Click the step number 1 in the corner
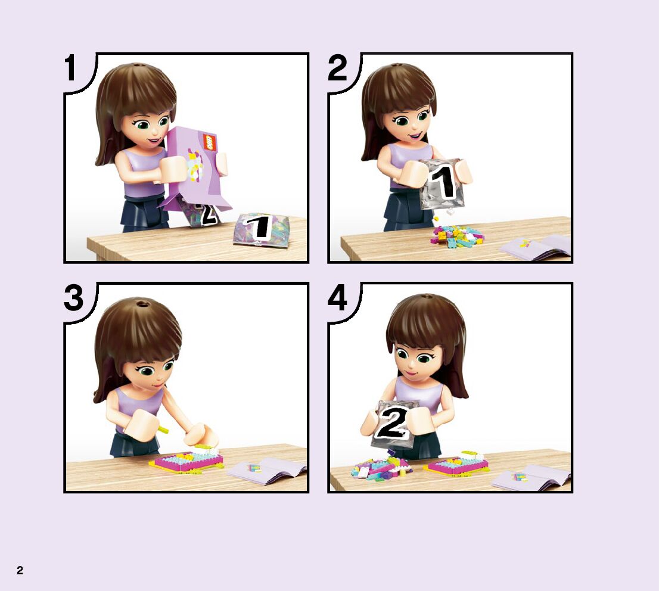point(70,68)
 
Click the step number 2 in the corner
point(337,68)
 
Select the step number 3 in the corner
point(73,298)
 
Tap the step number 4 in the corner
point(337,298)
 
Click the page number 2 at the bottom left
point(20,570)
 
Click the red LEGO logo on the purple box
point(209,142)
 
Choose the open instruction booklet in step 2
point(534,247)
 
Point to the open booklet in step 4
point(530,478)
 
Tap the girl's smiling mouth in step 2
point(416,135)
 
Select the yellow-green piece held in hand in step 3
point(163,429)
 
